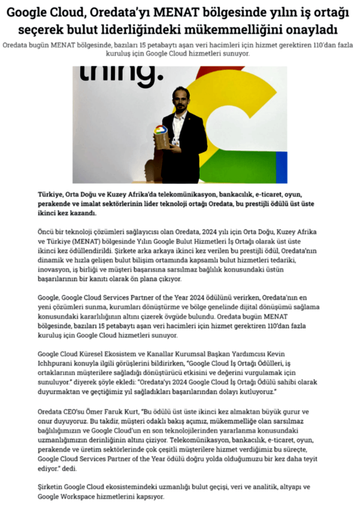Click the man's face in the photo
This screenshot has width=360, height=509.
pos(181,98)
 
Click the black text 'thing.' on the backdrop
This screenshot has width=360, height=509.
pos(122,77)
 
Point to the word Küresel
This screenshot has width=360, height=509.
pos(91,354)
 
